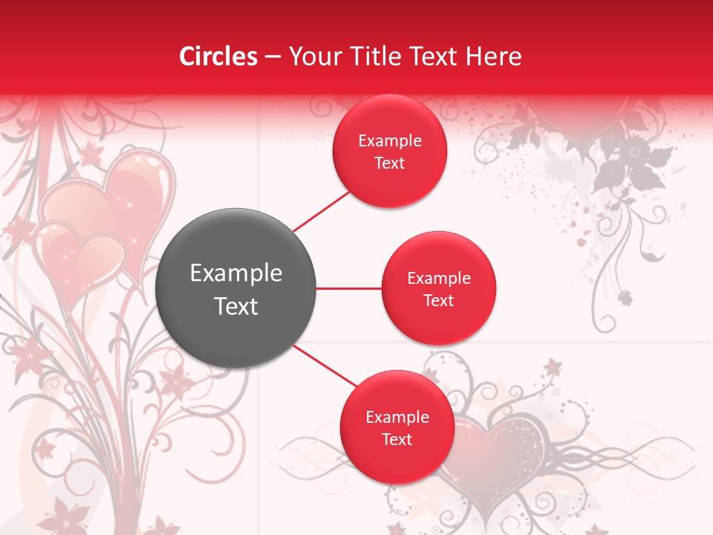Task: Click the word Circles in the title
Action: [x=218, y=56]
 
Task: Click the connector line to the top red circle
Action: [x=321, y=211]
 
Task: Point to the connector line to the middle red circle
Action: [x=348, y=288]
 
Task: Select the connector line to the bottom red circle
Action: [x=325, y=366]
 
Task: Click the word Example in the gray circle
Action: [x=236, y=273]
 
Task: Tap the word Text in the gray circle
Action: [x=236, y=306]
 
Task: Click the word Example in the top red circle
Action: [x=390, y=141]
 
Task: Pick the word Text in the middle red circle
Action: [x=438, y=300]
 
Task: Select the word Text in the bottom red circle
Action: [x=397, y=439]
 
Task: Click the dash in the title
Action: [x=273, y=57]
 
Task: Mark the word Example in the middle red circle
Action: [x=439, y=279]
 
